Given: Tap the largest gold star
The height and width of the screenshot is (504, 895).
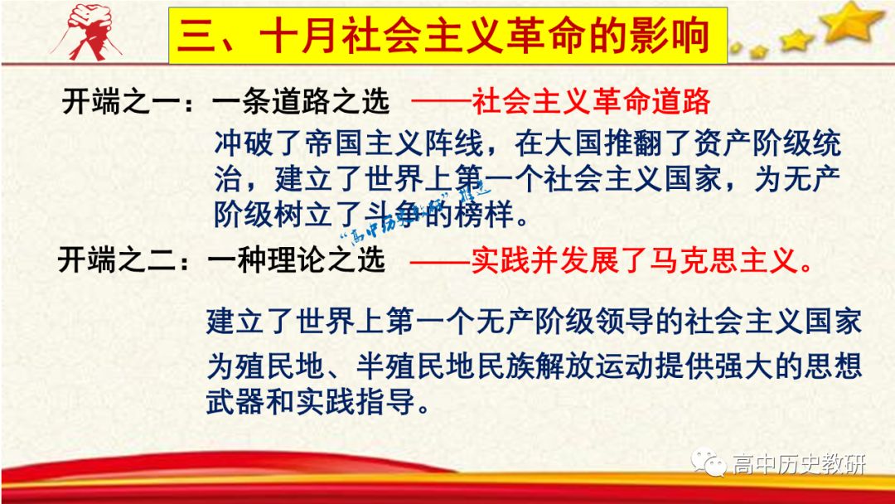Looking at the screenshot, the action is [x=851, y=21].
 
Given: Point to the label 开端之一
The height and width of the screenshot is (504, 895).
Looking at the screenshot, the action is [x=121, y=102].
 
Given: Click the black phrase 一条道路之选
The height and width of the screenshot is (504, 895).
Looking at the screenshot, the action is [x=300, y=102].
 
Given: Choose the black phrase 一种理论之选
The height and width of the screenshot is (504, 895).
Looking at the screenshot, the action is [x=296, y=261].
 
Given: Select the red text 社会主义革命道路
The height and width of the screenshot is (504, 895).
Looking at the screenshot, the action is [x=592, y=102].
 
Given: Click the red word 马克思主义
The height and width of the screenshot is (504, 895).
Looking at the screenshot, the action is [x=723, y=261].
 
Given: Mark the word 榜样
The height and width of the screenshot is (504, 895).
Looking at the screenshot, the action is [x=483, y=216].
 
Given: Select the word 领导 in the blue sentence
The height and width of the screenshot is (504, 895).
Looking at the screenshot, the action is [x=625, y=322].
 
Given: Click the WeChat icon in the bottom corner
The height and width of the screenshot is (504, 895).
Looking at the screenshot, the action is [x=709, y=462].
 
